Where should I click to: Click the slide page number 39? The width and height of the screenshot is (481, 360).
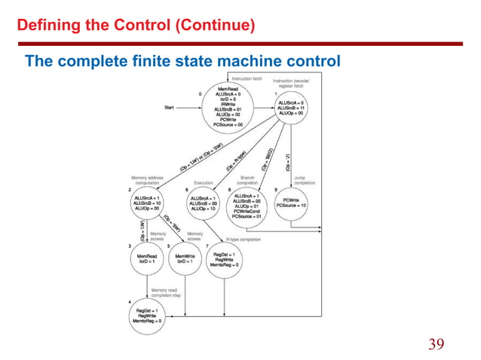pos(436,344)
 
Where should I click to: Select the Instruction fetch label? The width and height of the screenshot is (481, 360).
pos(247,78)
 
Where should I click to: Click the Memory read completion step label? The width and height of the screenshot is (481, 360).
pos(176,292)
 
